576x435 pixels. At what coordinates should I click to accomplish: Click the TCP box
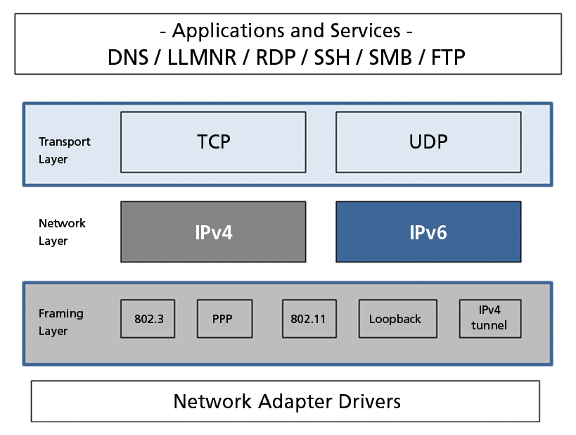213,142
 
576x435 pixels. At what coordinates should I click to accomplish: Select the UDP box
428,142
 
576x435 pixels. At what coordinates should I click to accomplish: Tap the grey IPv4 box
213,232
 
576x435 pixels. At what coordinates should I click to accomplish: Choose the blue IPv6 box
428,232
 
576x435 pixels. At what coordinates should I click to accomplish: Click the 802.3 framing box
148,319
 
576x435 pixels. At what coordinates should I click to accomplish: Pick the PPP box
222,319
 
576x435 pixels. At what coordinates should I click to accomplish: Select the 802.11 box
308,319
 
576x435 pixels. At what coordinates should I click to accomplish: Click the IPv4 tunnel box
489,318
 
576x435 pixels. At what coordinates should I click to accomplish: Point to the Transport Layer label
64,151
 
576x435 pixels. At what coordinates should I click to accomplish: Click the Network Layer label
62,232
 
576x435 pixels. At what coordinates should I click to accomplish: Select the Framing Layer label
60,322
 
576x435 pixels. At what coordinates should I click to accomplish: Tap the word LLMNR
204,57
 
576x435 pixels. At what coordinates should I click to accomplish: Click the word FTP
448,57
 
